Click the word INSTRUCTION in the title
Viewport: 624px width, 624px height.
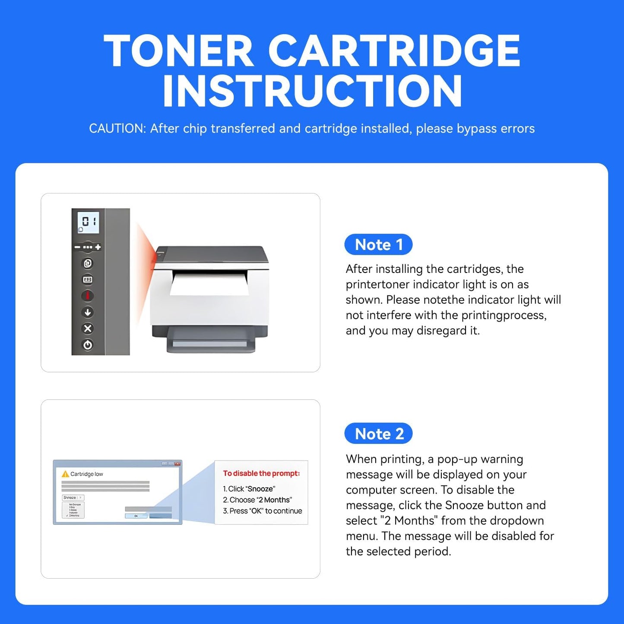click(312, 91)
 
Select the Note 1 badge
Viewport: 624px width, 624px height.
click(378, 245)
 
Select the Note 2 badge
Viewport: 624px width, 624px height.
click(379, 434)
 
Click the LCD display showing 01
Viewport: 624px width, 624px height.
click(88, 222)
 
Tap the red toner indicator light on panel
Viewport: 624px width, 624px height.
click(88, 296)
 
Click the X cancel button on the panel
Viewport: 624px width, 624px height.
click(88, 329)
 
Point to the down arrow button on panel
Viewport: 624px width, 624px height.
click(88, 312)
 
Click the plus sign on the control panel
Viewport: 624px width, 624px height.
click(98, 247)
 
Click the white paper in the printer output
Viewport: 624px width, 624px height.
click(210, 283)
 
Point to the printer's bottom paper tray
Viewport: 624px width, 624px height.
click(210, 343)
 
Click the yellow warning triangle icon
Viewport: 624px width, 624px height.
click(65, 474)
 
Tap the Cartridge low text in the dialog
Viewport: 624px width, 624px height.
click(87, 474)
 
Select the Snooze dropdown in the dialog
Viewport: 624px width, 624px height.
click(73, 498)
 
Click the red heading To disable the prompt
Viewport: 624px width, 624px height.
click(261, 473)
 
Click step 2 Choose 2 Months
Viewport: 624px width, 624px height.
click(257, 500)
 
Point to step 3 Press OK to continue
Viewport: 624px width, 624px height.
click(262, 511)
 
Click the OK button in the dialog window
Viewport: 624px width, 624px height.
click(136, 516)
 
